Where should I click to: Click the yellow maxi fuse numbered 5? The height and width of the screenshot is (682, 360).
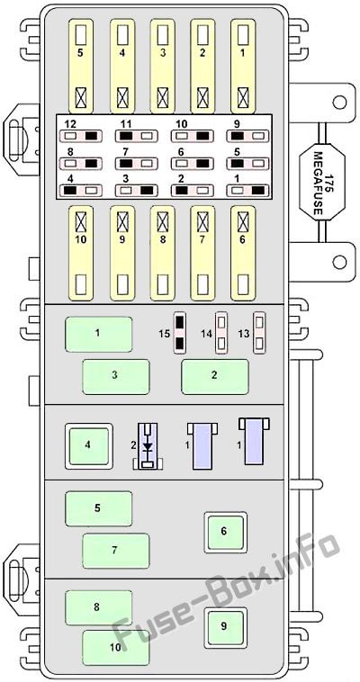pos(81,67)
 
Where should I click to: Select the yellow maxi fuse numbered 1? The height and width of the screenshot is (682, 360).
pos(243,67)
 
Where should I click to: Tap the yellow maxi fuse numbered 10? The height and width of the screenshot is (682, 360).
pos(81,253)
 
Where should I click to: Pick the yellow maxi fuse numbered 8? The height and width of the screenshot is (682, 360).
pos(163,253)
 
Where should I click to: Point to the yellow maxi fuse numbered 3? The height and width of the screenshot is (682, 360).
pos(163,67)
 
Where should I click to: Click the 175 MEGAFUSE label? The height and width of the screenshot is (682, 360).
pos(322,184)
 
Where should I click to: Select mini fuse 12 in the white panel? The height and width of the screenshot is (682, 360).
pos(80,136)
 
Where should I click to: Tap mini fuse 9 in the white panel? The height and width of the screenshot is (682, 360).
pos(247,136)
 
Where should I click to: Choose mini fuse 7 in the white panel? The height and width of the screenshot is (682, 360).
pos(136,164)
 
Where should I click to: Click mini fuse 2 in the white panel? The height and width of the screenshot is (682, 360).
pos(192,191)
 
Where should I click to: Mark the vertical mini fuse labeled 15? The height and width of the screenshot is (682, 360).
pos(179,333)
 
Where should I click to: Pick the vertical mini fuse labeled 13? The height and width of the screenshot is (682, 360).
pos(259,333)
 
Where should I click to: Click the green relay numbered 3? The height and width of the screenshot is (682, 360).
pos(116,377)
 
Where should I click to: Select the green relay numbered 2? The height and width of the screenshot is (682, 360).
pos(215,377)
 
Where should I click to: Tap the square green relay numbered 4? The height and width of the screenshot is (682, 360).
pos(89,446)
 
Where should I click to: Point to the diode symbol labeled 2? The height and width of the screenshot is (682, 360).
pos(148,446)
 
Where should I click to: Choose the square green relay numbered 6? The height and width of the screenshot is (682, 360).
pos(226,533)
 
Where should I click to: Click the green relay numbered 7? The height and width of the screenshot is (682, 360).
pos(116,551)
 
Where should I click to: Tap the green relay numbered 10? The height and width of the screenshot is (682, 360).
pos(116,648)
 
